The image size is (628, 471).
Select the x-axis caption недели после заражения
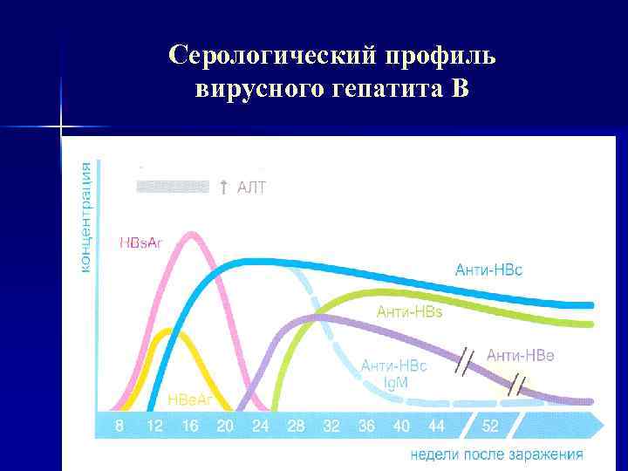496,454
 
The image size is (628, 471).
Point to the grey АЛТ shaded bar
173,186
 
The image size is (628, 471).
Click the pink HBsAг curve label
140,242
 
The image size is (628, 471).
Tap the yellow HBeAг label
189,399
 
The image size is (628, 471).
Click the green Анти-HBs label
408,311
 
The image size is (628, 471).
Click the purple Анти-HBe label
520,354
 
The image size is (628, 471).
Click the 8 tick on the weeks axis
119,426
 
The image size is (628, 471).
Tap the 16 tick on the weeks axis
189,426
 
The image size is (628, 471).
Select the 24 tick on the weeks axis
261,426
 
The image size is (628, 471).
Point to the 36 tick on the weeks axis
365,426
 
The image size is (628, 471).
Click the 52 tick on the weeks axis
491,426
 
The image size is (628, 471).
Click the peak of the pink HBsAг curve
194,233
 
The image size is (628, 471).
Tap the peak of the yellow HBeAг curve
163,331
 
